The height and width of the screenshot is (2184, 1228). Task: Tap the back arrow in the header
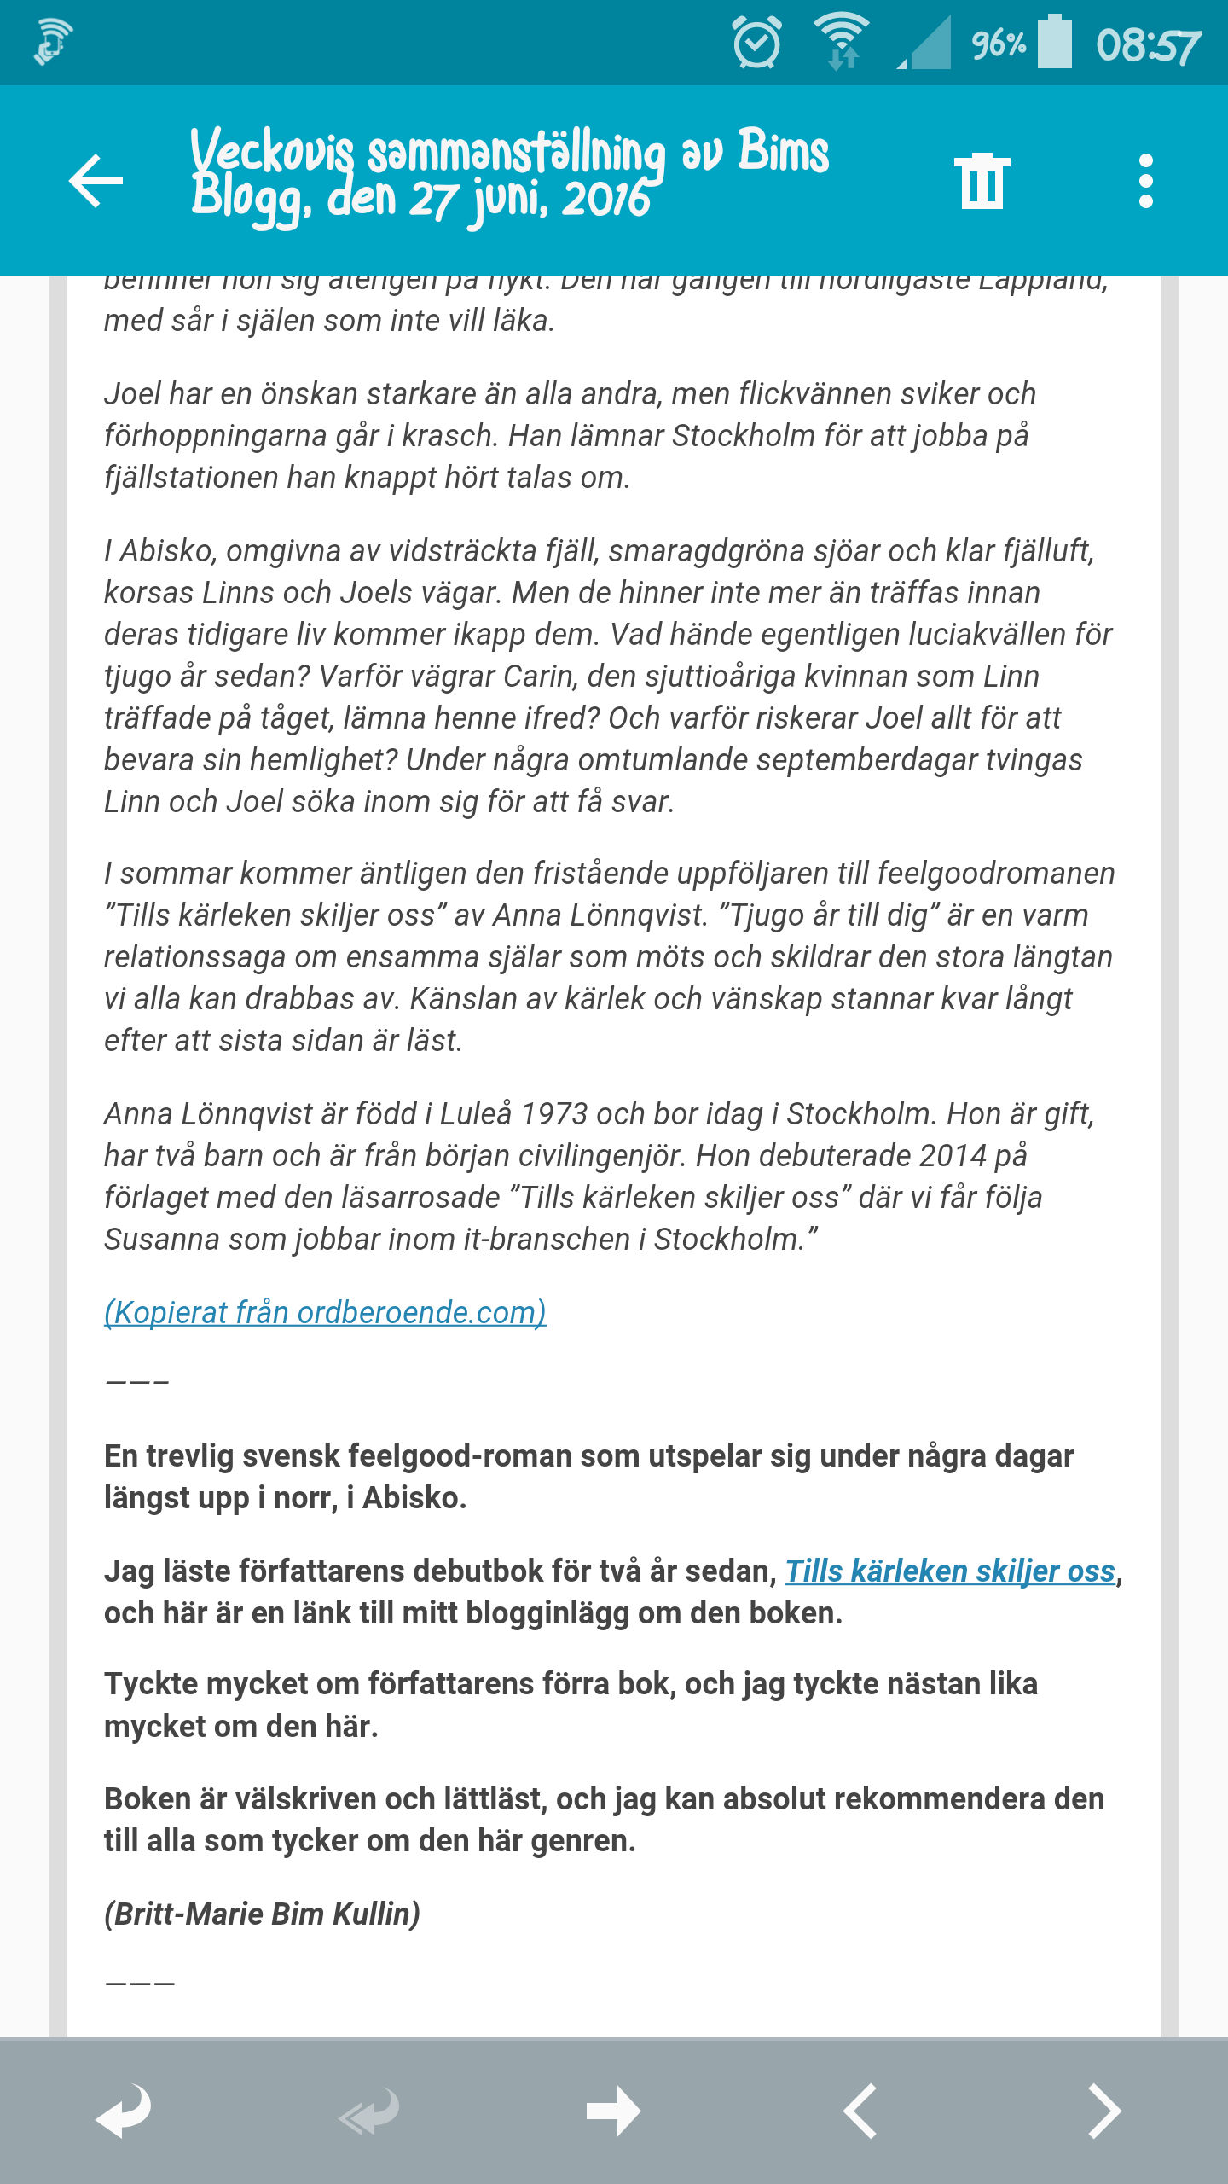pyautogui.click(x=96, y=181)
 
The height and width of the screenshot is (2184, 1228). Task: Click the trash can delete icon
pyautogui.click(x=982, y=181)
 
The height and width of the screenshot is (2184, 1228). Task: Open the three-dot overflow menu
pyautogui.click(x=1145, y=181)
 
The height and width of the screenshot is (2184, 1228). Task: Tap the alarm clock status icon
pyautogui.click(x=756, y=43)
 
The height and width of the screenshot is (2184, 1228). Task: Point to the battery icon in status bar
pyautogui.click(x=1055, y=43)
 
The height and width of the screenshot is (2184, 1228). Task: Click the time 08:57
pyautogui.click(x=1148, y=44)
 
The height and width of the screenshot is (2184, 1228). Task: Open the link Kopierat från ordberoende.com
pyautogui.click(x=325, y=1312)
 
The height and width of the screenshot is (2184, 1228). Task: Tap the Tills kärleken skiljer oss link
pyautogui.click(x=950, y=1571)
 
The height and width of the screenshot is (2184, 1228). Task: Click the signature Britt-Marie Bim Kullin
pyautogui.click(x=262, y=1914)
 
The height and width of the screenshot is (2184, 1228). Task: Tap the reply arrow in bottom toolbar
pyautogui.click(x=123, y=2111)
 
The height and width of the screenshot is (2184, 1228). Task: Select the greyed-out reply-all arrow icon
pyautogui.click(x=368, y=2111)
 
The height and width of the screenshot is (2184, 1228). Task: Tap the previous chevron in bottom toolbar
pyautogui.click(x=860, y=2111)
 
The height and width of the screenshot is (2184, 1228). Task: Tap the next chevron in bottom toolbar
pyautogui.click(x=1104, y=2111)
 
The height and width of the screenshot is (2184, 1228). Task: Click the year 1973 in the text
pyautogui.click(x=554, y=1113)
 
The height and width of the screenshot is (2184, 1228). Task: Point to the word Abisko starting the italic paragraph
pyautogui.click(x=166, y=551)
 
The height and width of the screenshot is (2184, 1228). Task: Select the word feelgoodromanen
pyautogui.click(x=995, y=874)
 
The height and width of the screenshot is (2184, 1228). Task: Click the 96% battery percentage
pyautogui.click(x=999, y=43)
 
